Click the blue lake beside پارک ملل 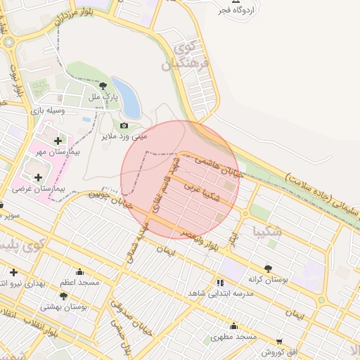[x=127, y=97]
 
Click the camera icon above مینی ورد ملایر [x=124, y=126]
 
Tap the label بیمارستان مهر [x=58, y=150]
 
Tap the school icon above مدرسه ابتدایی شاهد [x=221, y=283]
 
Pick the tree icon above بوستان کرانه [x=268, y=268]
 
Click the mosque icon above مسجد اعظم [x=79, y=272]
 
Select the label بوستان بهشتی [x=64, y=307]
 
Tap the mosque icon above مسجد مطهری [x=234, y=326]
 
